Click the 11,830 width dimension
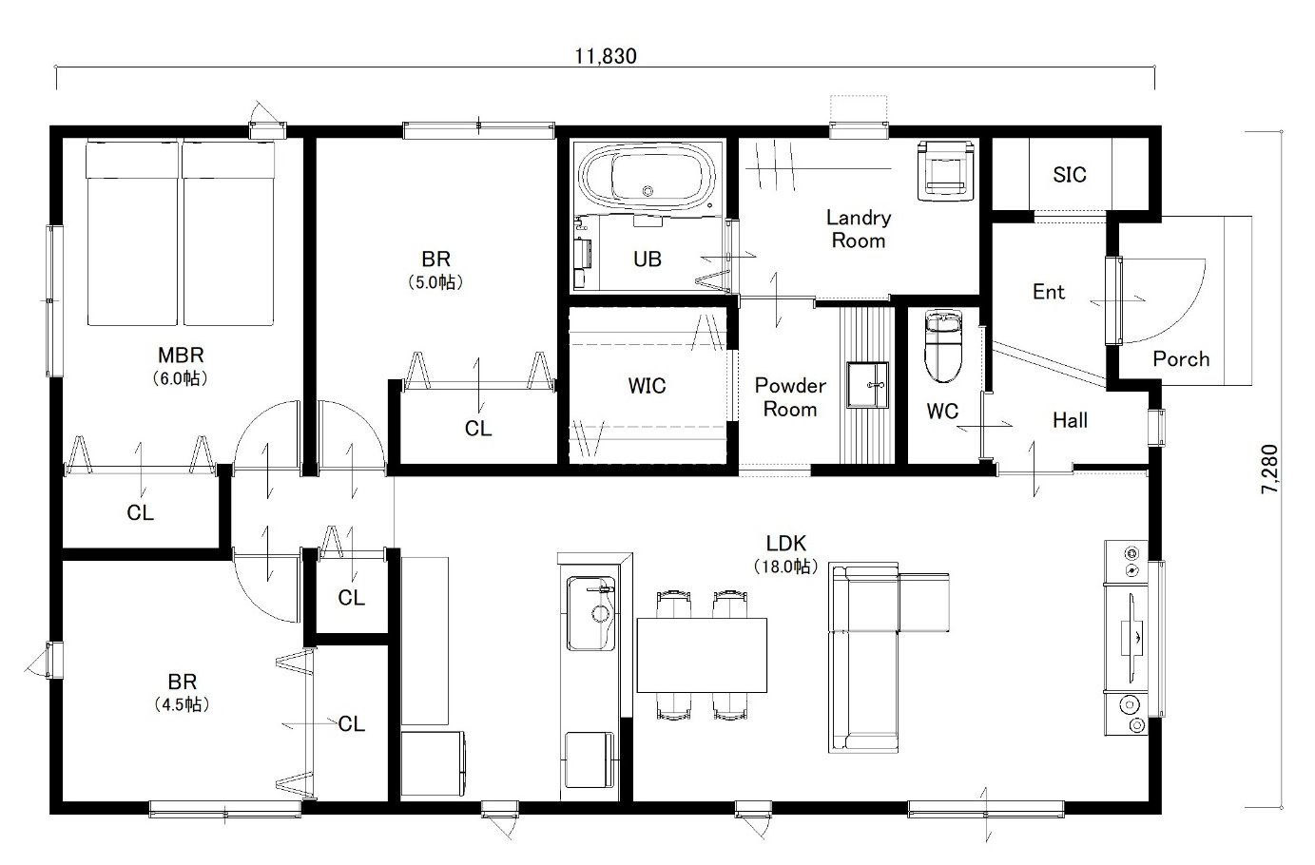(606, 56)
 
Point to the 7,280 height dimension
(1269, 469)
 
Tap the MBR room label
(181, 356)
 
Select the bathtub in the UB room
(647, 176)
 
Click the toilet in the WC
(943, 346)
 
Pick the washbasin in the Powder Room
(867, 385)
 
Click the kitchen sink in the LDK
(590, 613)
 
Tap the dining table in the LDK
(702, 655)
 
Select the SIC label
(1069, 174)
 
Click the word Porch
(1181, 359)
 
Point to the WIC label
(647, 386)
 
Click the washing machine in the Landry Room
(946, 170)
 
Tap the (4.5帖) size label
(182, 704)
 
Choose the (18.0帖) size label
(786, 567)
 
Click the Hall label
(1070, 420)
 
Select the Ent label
(1049, 292)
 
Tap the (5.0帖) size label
(435, 282)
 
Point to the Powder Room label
(790, 397)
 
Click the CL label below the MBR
(141, 513)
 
